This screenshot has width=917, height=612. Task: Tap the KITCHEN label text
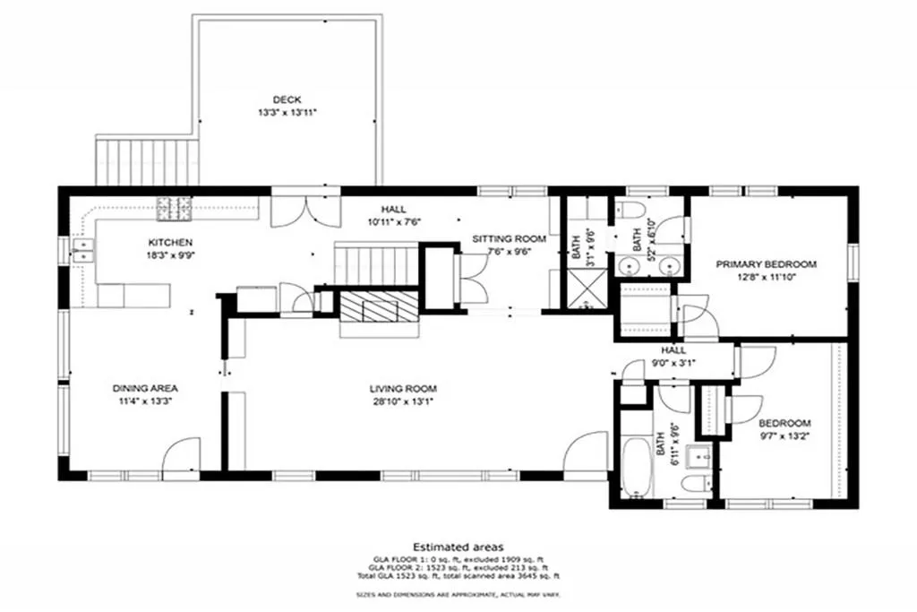(169, 243)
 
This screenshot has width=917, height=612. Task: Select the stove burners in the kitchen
(174, 209)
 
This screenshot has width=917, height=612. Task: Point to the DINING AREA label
(146, 388)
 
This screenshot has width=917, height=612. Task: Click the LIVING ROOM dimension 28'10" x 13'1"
(403, 401)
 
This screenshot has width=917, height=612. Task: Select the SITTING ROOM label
(509, 238)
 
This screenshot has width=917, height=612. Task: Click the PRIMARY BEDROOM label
(767, 264)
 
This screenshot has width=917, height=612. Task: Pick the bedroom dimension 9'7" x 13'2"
(784, 436)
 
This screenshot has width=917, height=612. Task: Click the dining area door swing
(181, 454)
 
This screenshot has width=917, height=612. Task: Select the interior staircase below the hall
(376, 265)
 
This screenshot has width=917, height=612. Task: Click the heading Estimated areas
(458, 546)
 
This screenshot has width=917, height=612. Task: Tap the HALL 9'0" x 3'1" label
(673, 357)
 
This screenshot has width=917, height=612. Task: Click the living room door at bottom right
(587, 453)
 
